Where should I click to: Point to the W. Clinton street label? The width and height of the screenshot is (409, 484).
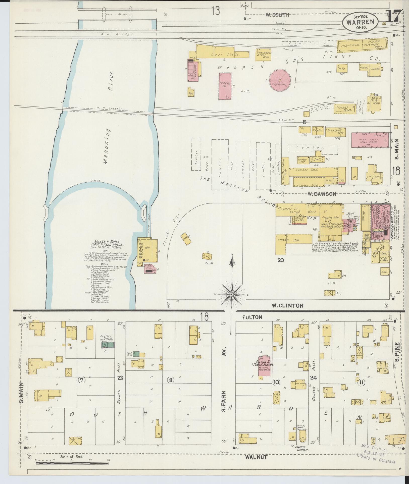[x=288, y=305]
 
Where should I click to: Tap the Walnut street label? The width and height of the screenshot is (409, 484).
[x=256, y=457]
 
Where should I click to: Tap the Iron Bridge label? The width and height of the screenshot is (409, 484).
[x=117, y=14]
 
